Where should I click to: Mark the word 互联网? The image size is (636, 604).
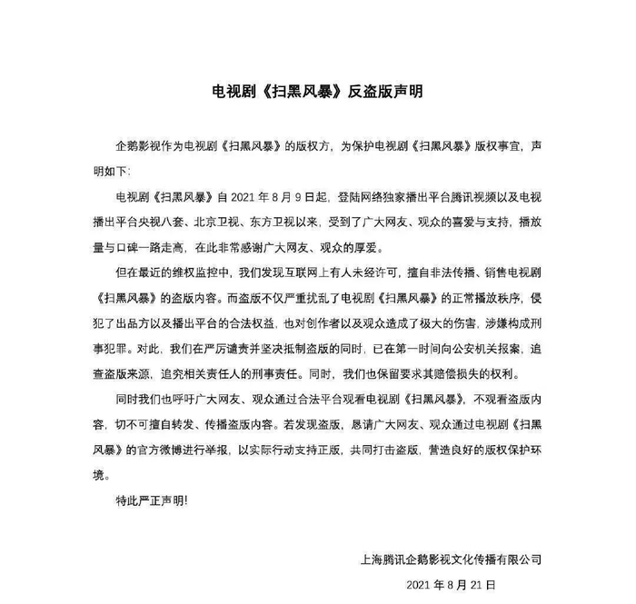pyautogui.click(x=315, y=272)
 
